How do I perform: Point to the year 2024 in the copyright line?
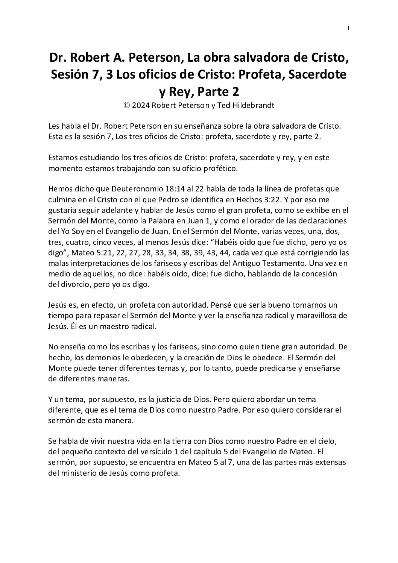(x=140, y=106)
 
